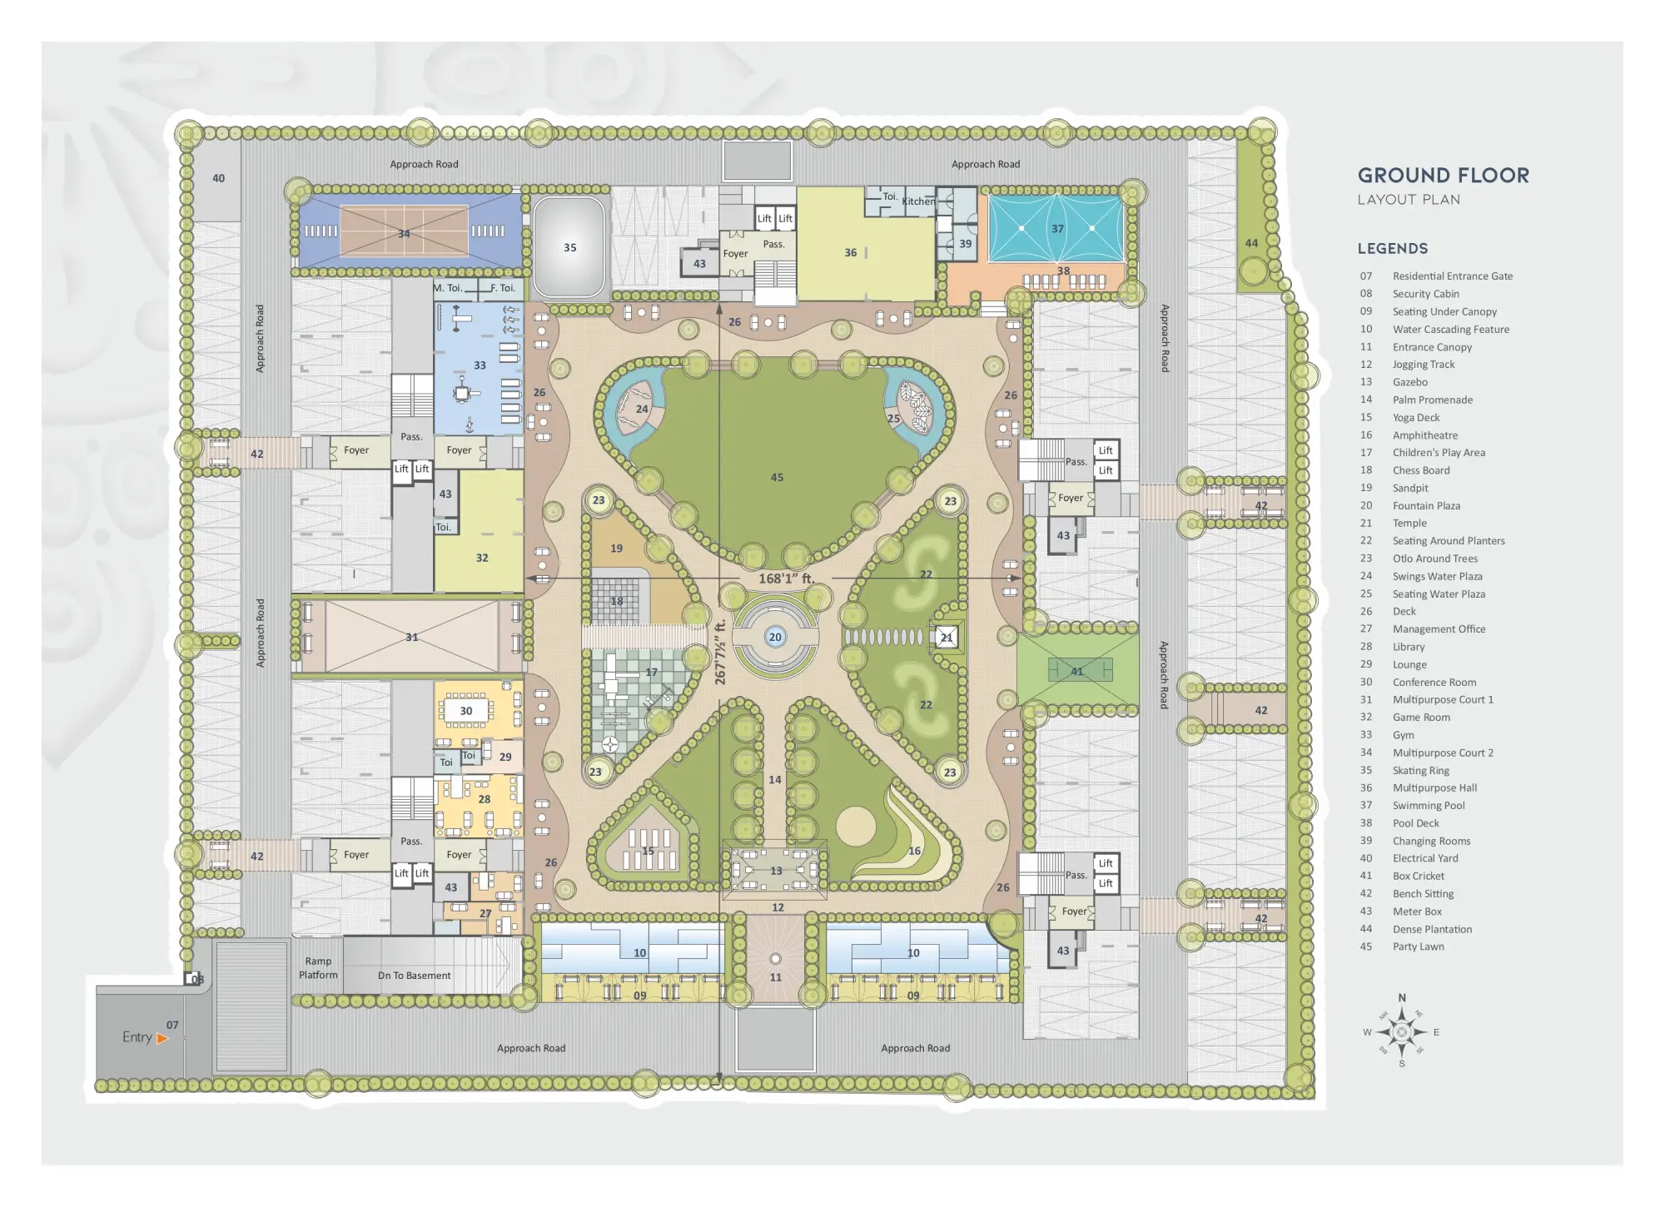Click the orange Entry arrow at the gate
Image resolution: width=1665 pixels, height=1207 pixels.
tap(162, 1038)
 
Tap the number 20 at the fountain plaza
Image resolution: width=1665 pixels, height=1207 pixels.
tap(775, 637)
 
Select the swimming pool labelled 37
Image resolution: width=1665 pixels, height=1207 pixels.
tap(1056, 228)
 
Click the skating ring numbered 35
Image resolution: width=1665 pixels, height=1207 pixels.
tap(569, 247)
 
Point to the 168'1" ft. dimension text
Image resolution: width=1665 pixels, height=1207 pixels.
tap(786, 579)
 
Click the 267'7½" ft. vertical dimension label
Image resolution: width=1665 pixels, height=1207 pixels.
tap(720, 652)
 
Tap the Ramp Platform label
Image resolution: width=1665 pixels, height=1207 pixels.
tap(318, 968)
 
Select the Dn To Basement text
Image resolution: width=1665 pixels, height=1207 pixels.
tap(414, 976)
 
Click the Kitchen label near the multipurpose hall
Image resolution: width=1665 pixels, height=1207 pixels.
tap(918, 201)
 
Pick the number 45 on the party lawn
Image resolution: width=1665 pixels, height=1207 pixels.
tap(777, 477)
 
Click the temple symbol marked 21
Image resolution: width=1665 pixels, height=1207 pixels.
tap(947, 638)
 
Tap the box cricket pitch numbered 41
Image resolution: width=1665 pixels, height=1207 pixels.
tap(1077, 671)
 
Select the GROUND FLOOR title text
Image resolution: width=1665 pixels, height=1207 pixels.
tap(1444, 176)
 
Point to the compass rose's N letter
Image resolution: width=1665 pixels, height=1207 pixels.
tap(1402, 998)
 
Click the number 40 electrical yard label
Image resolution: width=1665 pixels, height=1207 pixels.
tap(218, 178)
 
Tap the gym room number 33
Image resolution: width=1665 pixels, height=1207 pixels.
tap(480, 365)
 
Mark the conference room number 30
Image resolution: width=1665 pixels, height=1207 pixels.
tap(466, 711)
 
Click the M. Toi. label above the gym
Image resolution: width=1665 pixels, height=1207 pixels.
tap(447, 288)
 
